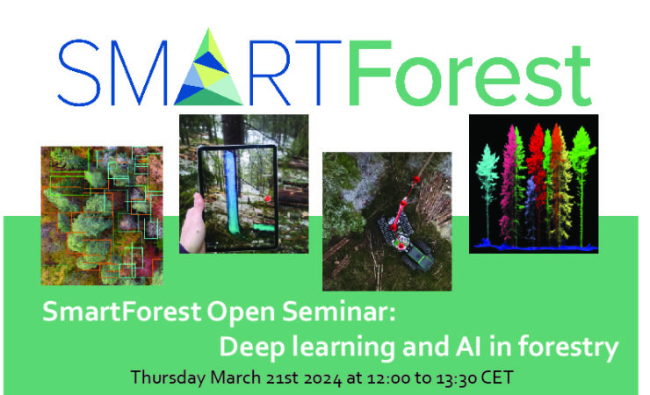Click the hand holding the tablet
[194, 224]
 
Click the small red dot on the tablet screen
[263, 199]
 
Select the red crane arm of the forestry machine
[402, 208]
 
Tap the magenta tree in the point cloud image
[510, 189]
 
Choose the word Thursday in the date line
[166, 377]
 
